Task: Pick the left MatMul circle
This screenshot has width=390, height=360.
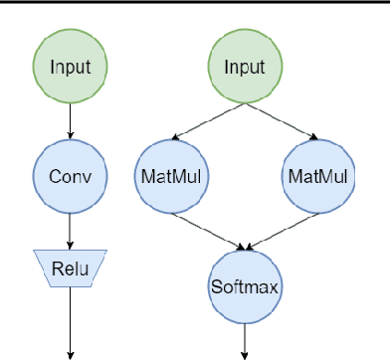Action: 161,177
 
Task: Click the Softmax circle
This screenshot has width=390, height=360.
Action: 244,285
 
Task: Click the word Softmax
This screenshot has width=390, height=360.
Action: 244,286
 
